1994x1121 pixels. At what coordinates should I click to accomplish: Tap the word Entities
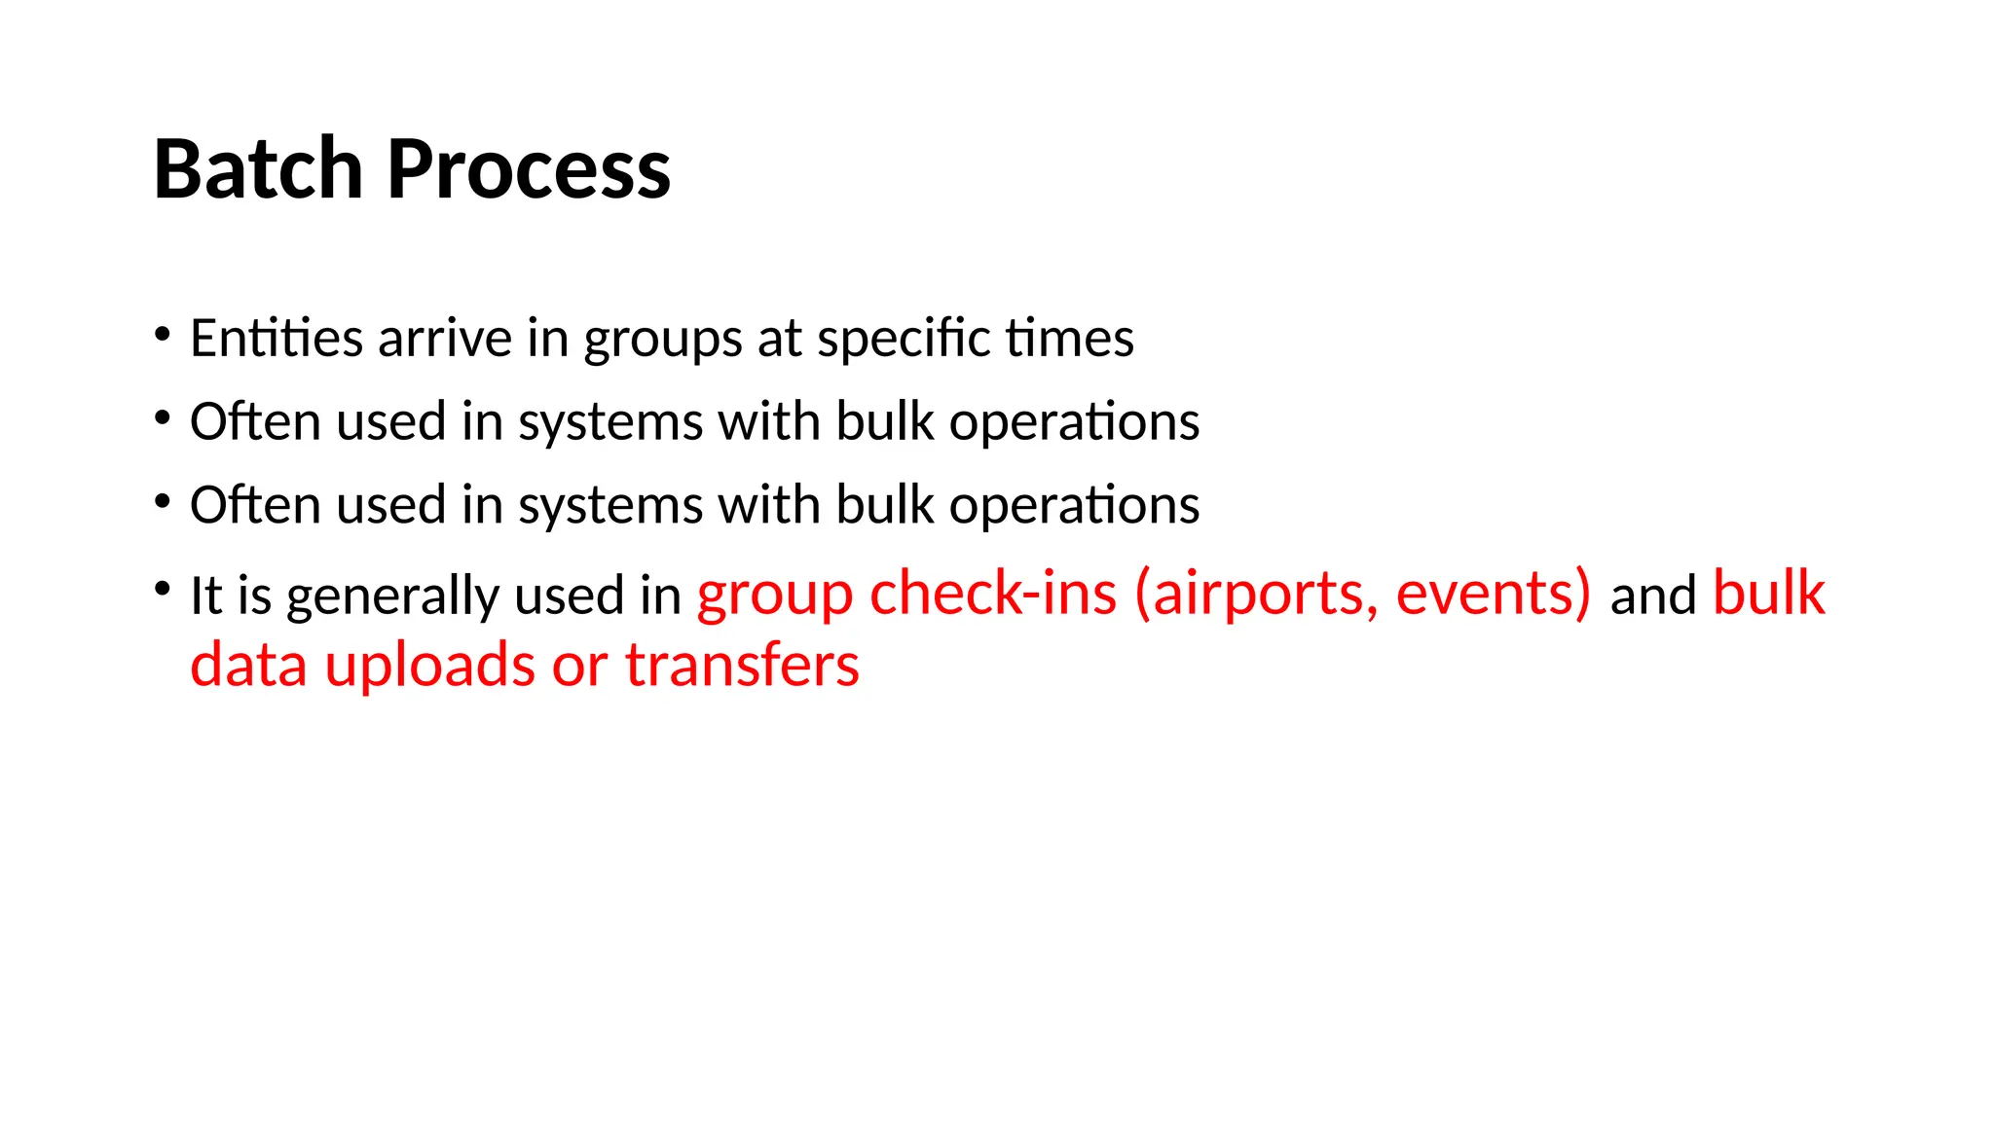[x=277, y=338]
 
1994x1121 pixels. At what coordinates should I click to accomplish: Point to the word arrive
[x=445, y=338]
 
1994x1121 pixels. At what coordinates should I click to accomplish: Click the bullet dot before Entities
[x=163, y=335]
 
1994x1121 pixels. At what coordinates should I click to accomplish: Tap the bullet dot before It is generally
[x=163, y=590]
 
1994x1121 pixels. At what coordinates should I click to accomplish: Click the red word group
[x=775, y=596]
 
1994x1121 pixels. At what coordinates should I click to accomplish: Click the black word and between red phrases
[x=1652, y=596]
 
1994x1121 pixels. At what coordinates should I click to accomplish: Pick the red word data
[x=248, y=666]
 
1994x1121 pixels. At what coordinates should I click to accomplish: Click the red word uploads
[x=429, y=668]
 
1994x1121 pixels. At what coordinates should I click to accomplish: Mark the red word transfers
[x=742, y=666]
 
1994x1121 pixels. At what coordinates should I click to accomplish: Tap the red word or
[x=579, y=668]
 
